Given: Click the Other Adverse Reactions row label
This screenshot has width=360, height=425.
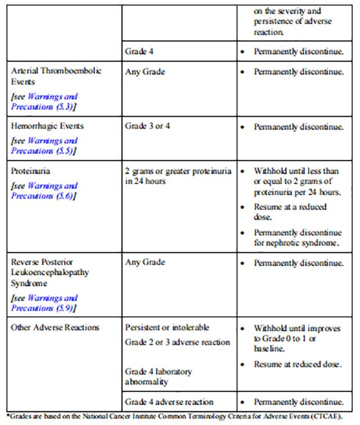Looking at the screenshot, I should click(55, 327).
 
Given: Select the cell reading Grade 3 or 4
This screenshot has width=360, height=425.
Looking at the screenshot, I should click(147, 126).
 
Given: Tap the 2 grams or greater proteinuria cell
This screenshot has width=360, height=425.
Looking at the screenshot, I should click(178, 176).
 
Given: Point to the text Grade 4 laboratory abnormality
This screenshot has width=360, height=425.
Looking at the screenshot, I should click(158, 377).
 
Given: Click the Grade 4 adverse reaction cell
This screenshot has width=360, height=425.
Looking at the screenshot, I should click(169, 401).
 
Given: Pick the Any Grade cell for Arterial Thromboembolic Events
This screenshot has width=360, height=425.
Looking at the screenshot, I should click(145, 72).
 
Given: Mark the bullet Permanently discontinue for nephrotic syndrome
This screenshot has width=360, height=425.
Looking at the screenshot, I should click(298, 237).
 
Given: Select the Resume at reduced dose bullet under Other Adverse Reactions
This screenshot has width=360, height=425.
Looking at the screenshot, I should click(298, 364).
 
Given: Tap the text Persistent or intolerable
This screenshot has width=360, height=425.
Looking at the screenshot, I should click(167, 327).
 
